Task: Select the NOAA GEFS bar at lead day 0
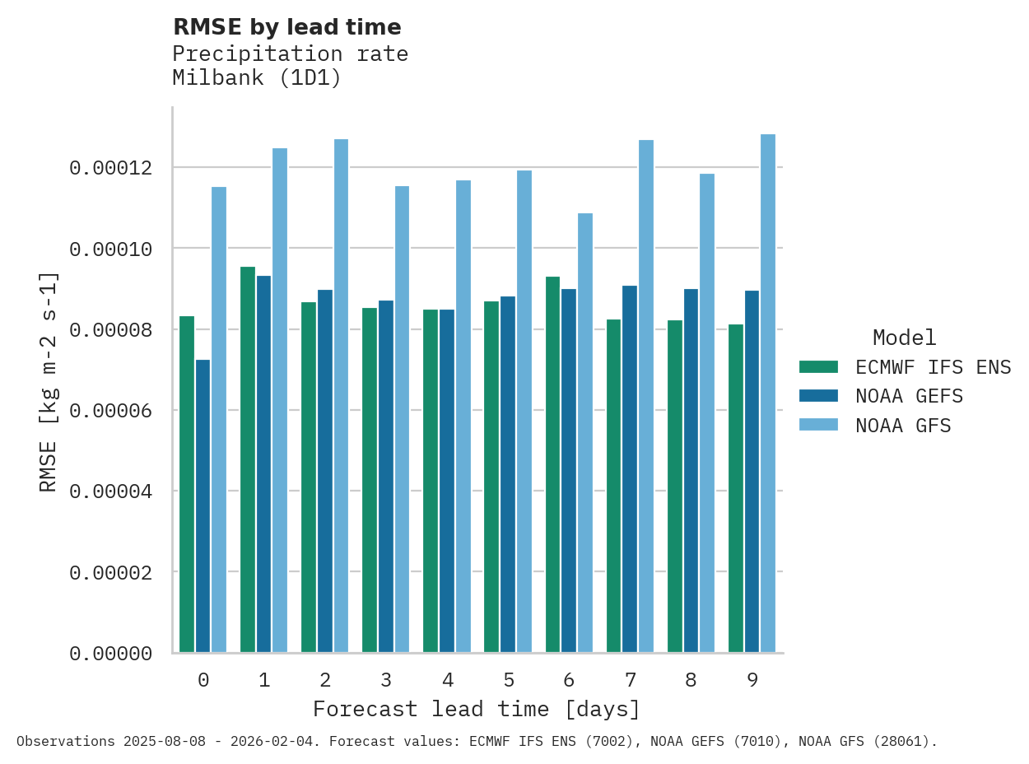pyautogui.click(x=203, y=505)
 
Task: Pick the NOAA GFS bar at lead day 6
pyautogui.click(x=585, y=433)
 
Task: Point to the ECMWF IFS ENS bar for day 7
pyautogui.click(x=614, y=486)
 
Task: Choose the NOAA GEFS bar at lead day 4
pyautogui.click(x=446, y=481)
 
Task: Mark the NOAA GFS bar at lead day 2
pyautogui.click(x=341, y=396)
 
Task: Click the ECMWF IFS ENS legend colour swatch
pyautogui.click(x=818, y=366)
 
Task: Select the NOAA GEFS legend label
pyautogui.click(x=909, y=396)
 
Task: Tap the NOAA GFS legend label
pyautogui.click(x=903, y=426)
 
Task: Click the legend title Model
pyautogui.click(x=904, y=338)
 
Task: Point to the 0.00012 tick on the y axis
pyautogui.click(x=110, y=168)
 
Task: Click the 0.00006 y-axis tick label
pyautogui.click(x=110, y=410)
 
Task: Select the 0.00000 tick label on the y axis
pyautogui.click(x=110, y=653)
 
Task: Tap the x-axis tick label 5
pyautogui.click(x=508, y=680)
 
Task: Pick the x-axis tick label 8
pyautogui.click(x=691, y=680)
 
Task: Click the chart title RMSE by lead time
pyautogui.click(x=286, y=27)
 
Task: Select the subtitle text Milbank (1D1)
pyautogui.click(x=256, y=78)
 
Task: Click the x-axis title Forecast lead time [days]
pyautogui.click(x=476, y=709)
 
